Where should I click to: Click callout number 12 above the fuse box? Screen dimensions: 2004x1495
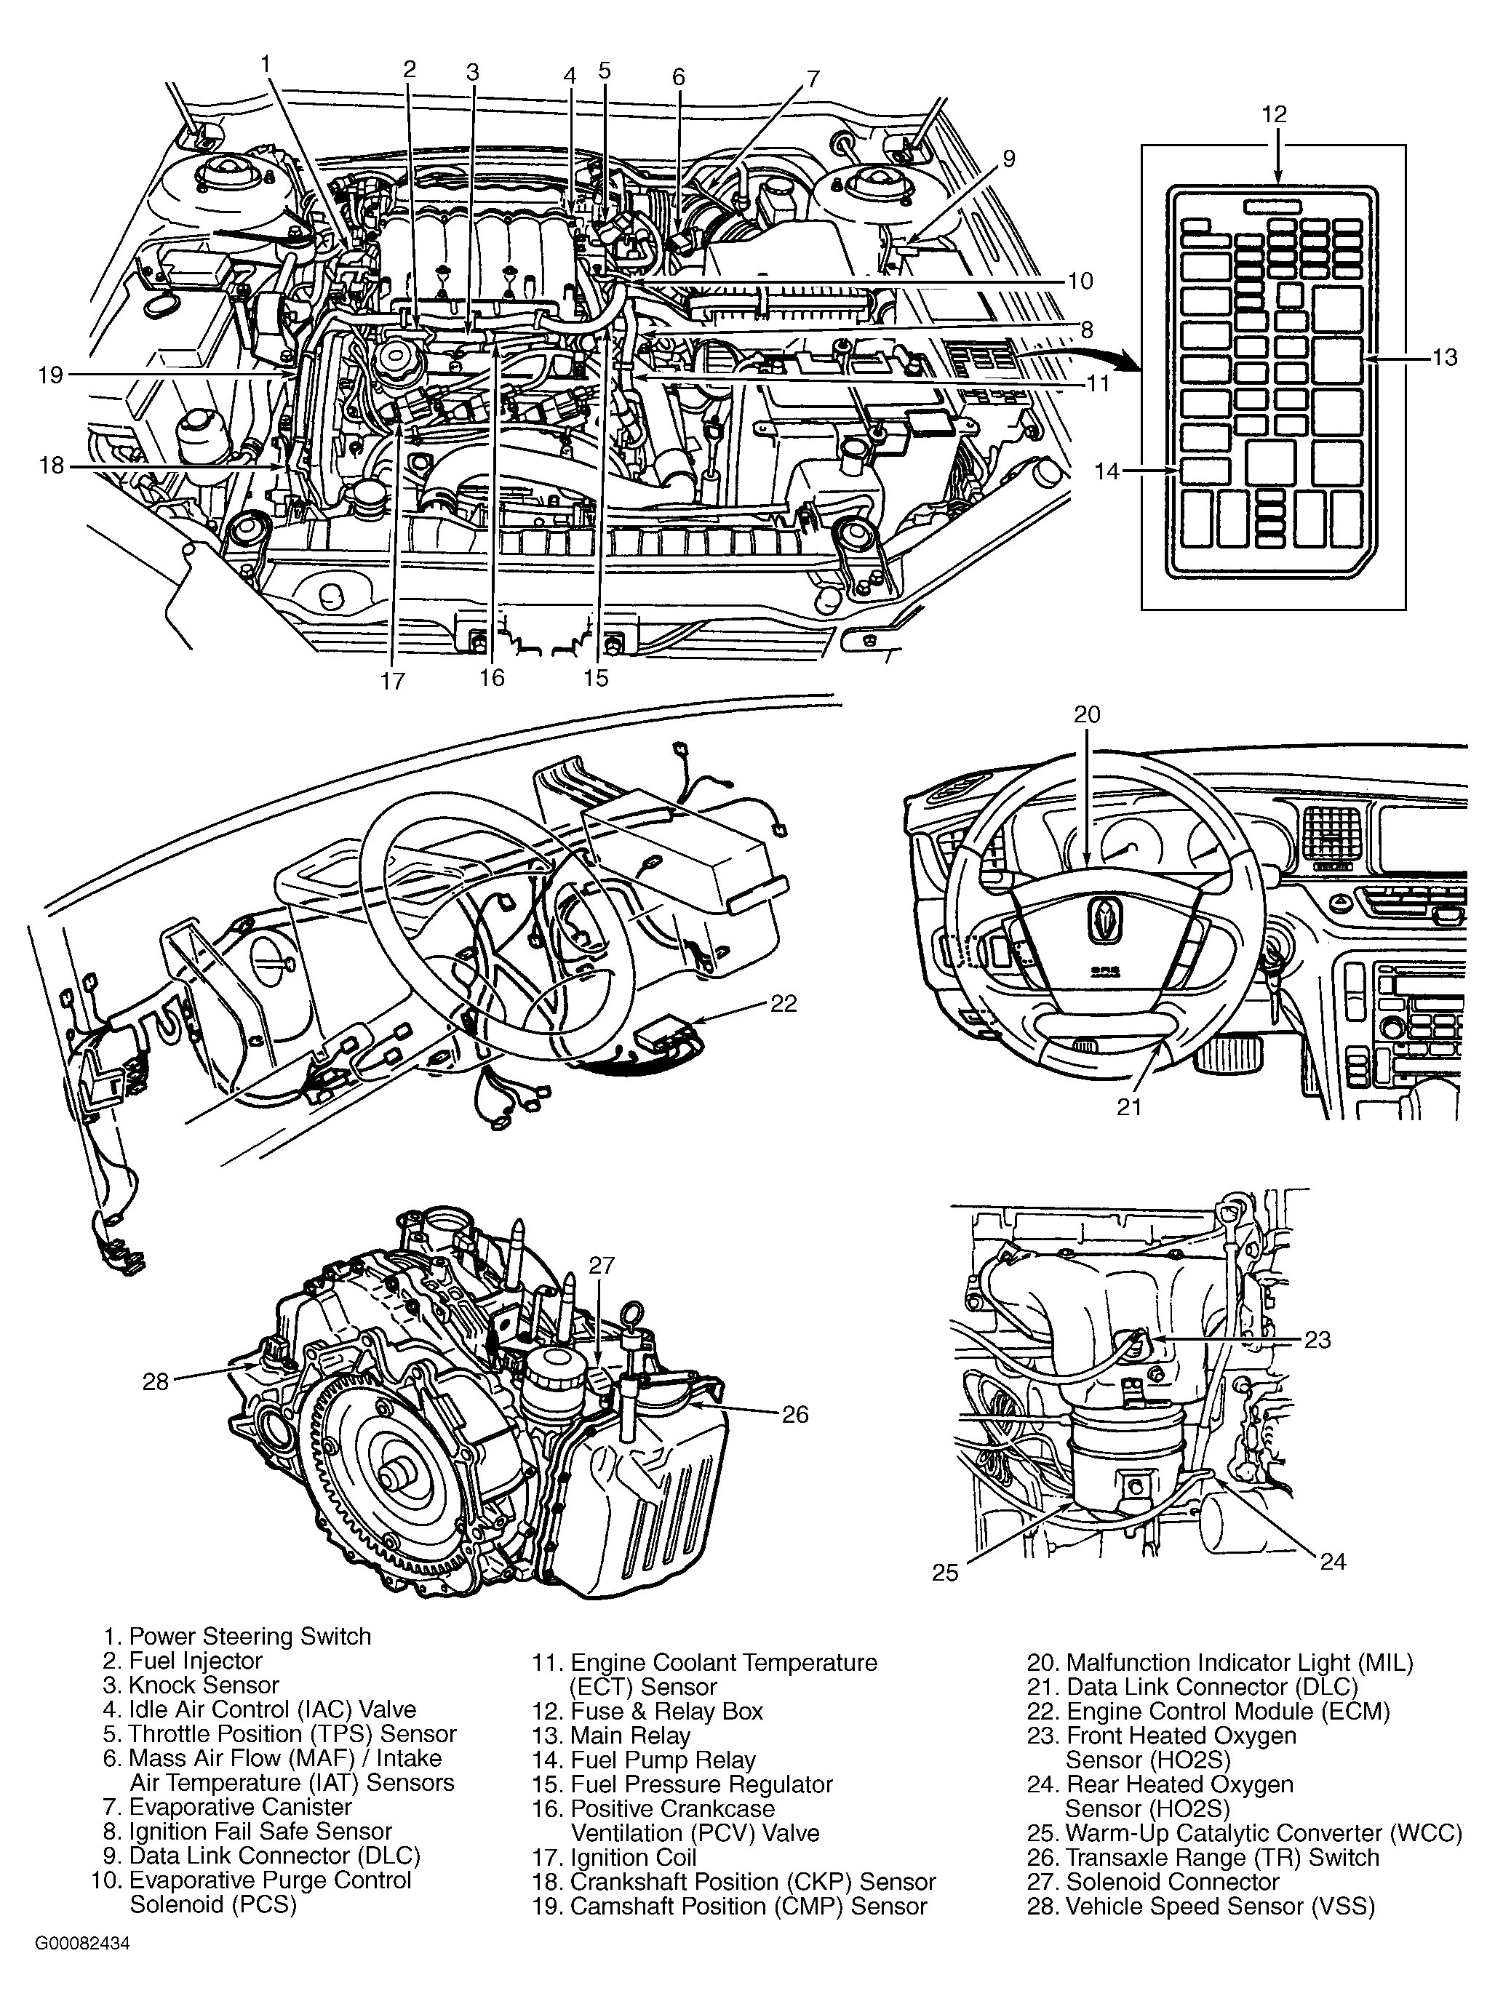[x=1273, y=115]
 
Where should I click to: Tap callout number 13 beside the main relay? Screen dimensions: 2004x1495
[x=1444, y=357]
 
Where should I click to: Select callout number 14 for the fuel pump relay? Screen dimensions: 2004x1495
[x=1107, y=471]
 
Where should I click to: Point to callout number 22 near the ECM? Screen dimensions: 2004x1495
[x=783, y=1003]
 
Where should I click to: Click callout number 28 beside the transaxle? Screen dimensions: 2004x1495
[x=156, y=1381]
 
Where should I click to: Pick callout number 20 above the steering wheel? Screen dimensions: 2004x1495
[x=1087, y=715]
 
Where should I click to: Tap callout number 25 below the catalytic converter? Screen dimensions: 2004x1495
[x=945, y=1573]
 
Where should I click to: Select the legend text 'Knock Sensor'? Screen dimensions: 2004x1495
[x=204, y=1685]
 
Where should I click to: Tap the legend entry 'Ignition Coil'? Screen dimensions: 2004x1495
[x=634, y=1858]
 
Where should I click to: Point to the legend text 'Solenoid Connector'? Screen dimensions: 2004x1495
[x=1172, y=1882]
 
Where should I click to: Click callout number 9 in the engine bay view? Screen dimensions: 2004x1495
[x=1008, y=159]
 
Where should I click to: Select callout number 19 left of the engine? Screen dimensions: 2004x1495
[x=51, y=375]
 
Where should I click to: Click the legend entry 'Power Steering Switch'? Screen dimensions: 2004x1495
[x=250, y=1637]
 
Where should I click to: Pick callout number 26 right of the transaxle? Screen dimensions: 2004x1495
[x=794, y=1414]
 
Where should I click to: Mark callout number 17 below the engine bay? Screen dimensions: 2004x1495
[x=393, y=680]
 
